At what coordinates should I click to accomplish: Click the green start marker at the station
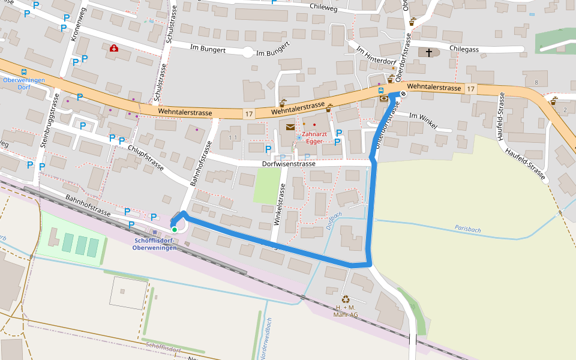[174, 229]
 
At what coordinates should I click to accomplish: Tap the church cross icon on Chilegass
[428, 53]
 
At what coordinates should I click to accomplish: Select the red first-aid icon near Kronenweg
[113, 48]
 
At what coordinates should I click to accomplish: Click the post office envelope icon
[290, 127]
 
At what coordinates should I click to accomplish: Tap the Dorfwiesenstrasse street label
[289, 163]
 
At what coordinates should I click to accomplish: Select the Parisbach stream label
[469, 229]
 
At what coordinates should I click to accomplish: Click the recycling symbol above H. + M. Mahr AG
[346, 299]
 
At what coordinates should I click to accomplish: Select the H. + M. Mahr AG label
[346, 311]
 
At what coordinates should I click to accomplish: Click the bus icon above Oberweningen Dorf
[24, 71]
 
